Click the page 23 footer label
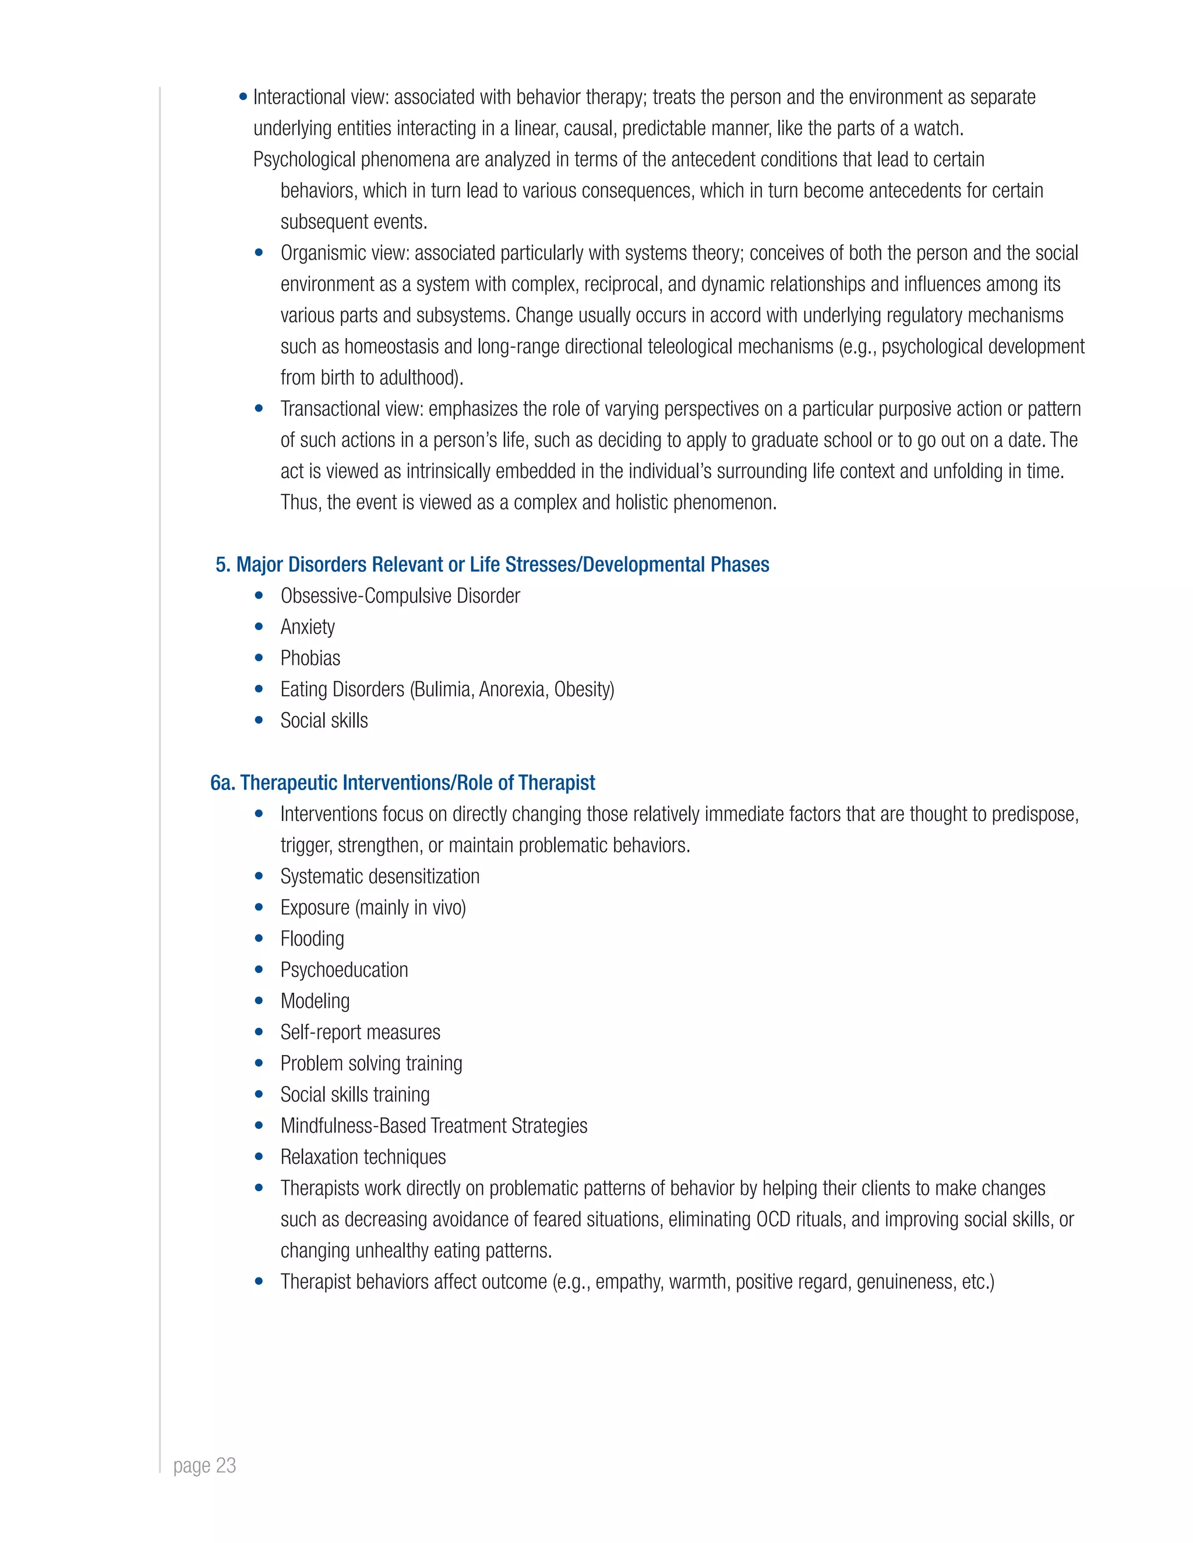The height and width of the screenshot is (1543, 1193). [204, 1466]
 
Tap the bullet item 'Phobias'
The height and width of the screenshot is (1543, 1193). [310, 658]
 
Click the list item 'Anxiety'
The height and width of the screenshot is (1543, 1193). [308, 627]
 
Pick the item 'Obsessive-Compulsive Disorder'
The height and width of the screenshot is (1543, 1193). [400, 596]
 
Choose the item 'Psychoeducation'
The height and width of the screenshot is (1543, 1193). [344, 969]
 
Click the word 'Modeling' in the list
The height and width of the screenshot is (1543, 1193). [315, 1000]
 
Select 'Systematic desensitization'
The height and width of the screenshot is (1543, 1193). [380, 876]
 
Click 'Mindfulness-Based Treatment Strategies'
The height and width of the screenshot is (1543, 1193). [434, 1126]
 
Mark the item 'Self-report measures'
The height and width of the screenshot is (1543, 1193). [361, 1032]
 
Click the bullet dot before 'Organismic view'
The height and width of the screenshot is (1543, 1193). [259, 252]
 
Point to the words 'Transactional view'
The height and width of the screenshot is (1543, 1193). [351, 409]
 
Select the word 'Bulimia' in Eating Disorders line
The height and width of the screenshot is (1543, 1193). [443, 689]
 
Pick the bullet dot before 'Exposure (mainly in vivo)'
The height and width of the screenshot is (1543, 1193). [259, 907]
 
